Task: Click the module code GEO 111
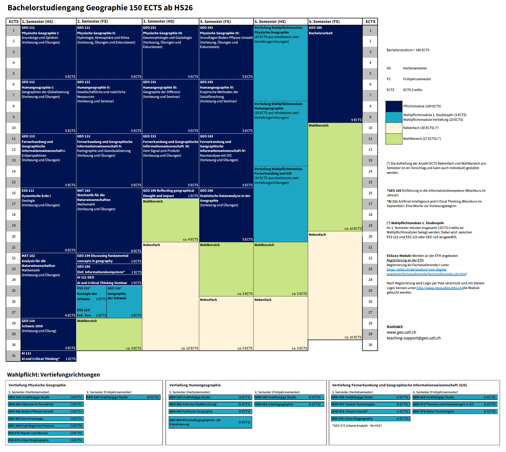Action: click(28, 28)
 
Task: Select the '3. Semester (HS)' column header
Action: click(158, 21)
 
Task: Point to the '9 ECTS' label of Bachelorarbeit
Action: click(356, 120)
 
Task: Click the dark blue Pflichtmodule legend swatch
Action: click(394, 106)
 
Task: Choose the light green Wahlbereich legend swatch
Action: click(394, 139)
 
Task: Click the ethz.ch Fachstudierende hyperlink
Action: click(426, 272)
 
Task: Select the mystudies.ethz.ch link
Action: click(439, 288)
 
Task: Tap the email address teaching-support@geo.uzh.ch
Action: click(413, 338)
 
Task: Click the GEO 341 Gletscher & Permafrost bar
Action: click(46, 404)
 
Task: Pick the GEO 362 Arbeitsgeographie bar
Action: click(289, 404)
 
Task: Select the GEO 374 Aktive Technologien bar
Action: click(455, 411)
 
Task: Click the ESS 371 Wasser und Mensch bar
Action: click(46, 433)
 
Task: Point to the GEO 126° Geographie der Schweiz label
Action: click(117, 293)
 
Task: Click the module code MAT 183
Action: click(84, 191)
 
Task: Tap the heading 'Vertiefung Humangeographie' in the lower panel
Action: click(195, 385)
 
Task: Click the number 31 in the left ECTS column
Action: click(14, 356)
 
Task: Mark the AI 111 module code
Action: click(26, 353)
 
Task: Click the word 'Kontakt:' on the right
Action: click(395, 327)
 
